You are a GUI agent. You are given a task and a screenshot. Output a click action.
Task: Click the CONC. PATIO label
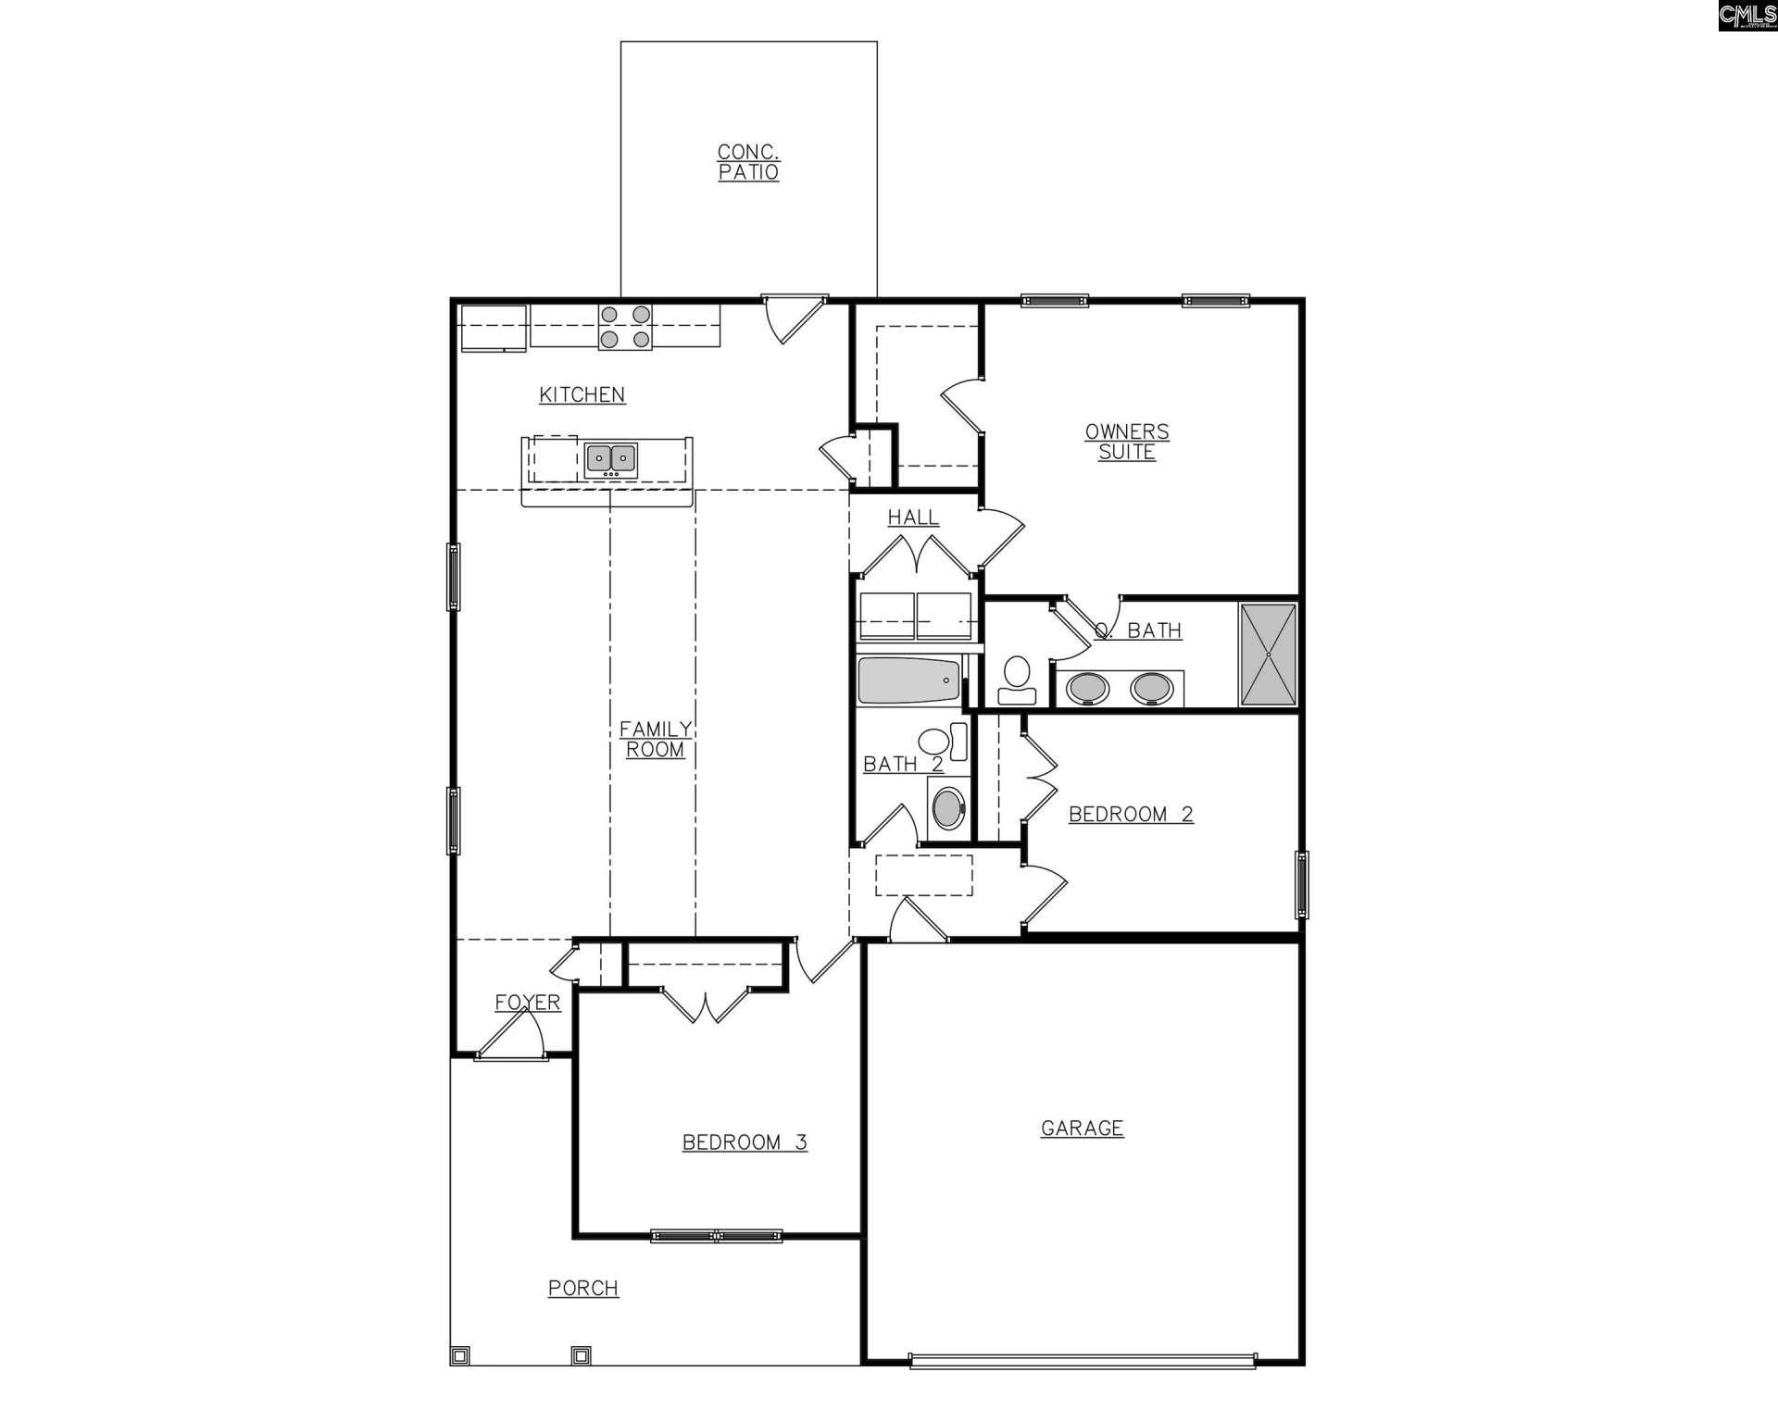748,162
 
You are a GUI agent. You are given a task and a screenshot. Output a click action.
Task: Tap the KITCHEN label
582,395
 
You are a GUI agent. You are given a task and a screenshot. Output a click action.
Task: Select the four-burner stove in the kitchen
625,327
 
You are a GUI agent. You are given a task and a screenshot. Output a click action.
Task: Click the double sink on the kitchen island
611,458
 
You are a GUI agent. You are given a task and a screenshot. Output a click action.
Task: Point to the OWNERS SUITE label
1127,442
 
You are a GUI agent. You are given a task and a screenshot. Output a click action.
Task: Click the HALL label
913,518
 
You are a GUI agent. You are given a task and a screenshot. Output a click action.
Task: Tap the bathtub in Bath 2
908,680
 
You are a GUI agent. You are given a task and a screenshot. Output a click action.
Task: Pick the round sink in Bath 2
948,808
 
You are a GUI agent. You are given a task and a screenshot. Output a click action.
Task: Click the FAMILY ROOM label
655,740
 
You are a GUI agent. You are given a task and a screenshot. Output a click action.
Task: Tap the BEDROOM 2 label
1131,815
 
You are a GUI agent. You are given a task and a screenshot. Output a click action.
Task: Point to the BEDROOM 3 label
745,1142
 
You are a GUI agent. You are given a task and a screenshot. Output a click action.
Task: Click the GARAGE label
1082,1129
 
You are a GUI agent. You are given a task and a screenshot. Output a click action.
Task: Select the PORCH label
583,1288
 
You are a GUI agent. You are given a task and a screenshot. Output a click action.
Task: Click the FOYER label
527,1003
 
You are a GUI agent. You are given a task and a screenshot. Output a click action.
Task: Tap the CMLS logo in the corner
1747,16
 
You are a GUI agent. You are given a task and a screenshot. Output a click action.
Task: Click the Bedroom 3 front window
716,1235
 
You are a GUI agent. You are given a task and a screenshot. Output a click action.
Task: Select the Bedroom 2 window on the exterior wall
1301,884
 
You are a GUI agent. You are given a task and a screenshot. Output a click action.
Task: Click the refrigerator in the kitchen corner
494,328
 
